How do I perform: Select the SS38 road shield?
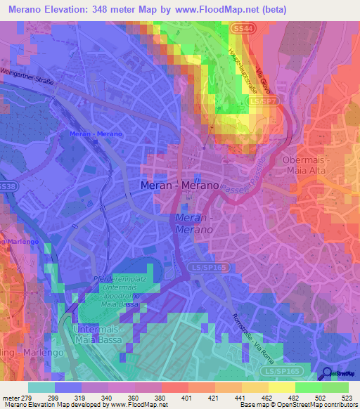pyautogui.click(x=7, y=186)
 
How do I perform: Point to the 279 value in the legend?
pyautogui.click(x=27, y=398)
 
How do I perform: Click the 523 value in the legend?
pyautogui.click(x=348, y=398)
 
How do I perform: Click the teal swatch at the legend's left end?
pyautogui.click(x=41, y=387)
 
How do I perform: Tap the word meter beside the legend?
pyautogui.click(x=10, y=398)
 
